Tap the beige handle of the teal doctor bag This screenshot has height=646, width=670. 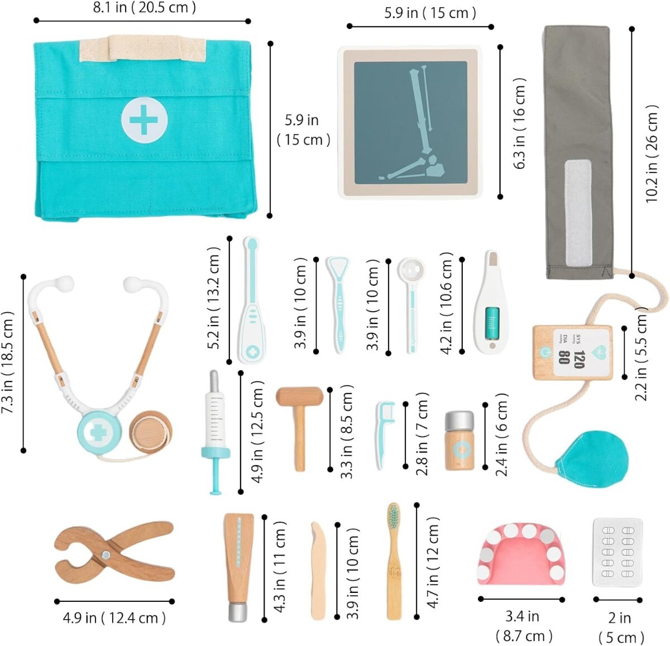144,48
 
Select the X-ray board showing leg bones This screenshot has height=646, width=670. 410,122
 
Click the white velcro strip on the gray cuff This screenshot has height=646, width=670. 578,212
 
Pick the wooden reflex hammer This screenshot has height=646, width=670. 300,424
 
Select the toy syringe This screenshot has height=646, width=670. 215,430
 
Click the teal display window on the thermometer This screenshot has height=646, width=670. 492,323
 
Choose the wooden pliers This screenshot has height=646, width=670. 114,552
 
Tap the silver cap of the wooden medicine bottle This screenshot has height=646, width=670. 460,420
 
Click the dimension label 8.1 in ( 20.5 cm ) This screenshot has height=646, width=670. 144,8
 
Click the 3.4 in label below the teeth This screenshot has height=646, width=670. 523,616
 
